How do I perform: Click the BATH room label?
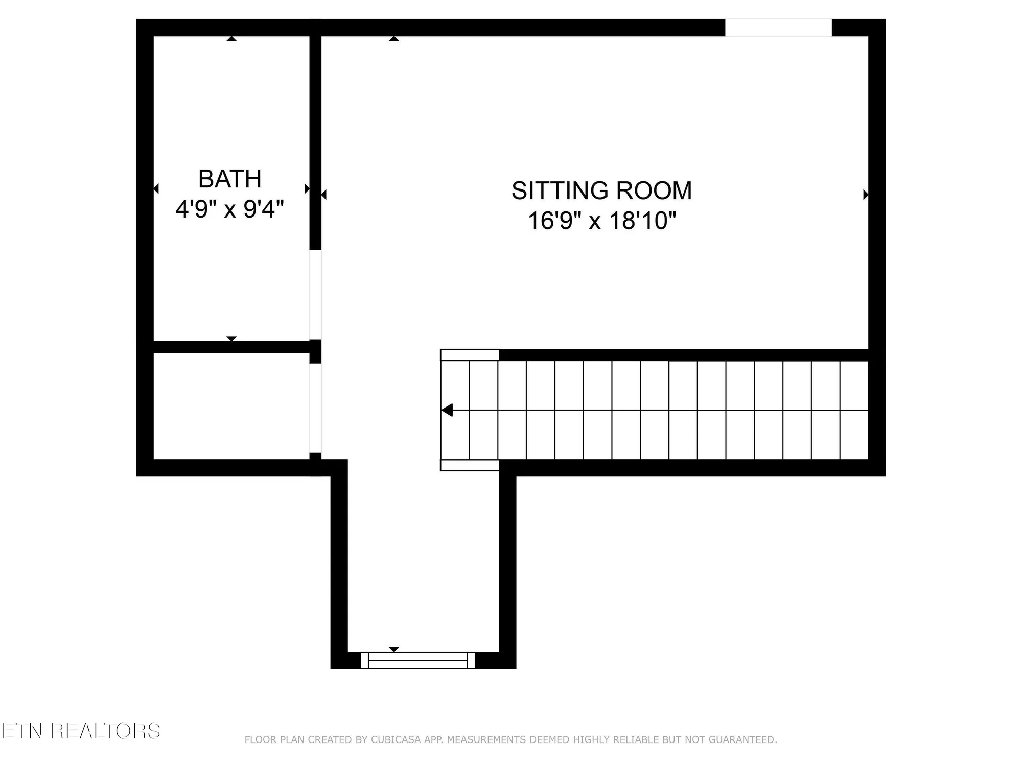point(229,179)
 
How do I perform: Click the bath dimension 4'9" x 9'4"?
point(229,209)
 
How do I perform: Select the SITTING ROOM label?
point(601,190)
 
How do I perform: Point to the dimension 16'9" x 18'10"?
point(601,221)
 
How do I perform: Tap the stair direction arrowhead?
point(447,410)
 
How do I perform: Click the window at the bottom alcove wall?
point(417,660)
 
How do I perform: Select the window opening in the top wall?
point(778,28)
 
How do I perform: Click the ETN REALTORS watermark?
point(81,731)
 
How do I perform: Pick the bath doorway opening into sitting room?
point(315,294)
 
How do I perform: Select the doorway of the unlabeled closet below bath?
point(315,408)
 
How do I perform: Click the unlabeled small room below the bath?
point(231,406)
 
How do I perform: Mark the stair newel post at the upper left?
point(470,355)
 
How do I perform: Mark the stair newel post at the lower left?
point(470,465)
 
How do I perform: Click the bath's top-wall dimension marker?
point(231,39)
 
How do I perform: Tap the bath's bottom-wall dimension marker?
point(231,339)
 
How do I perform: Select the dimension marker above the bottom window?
point(393,649)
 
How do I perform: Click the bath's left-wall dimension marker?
point(156,189)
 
